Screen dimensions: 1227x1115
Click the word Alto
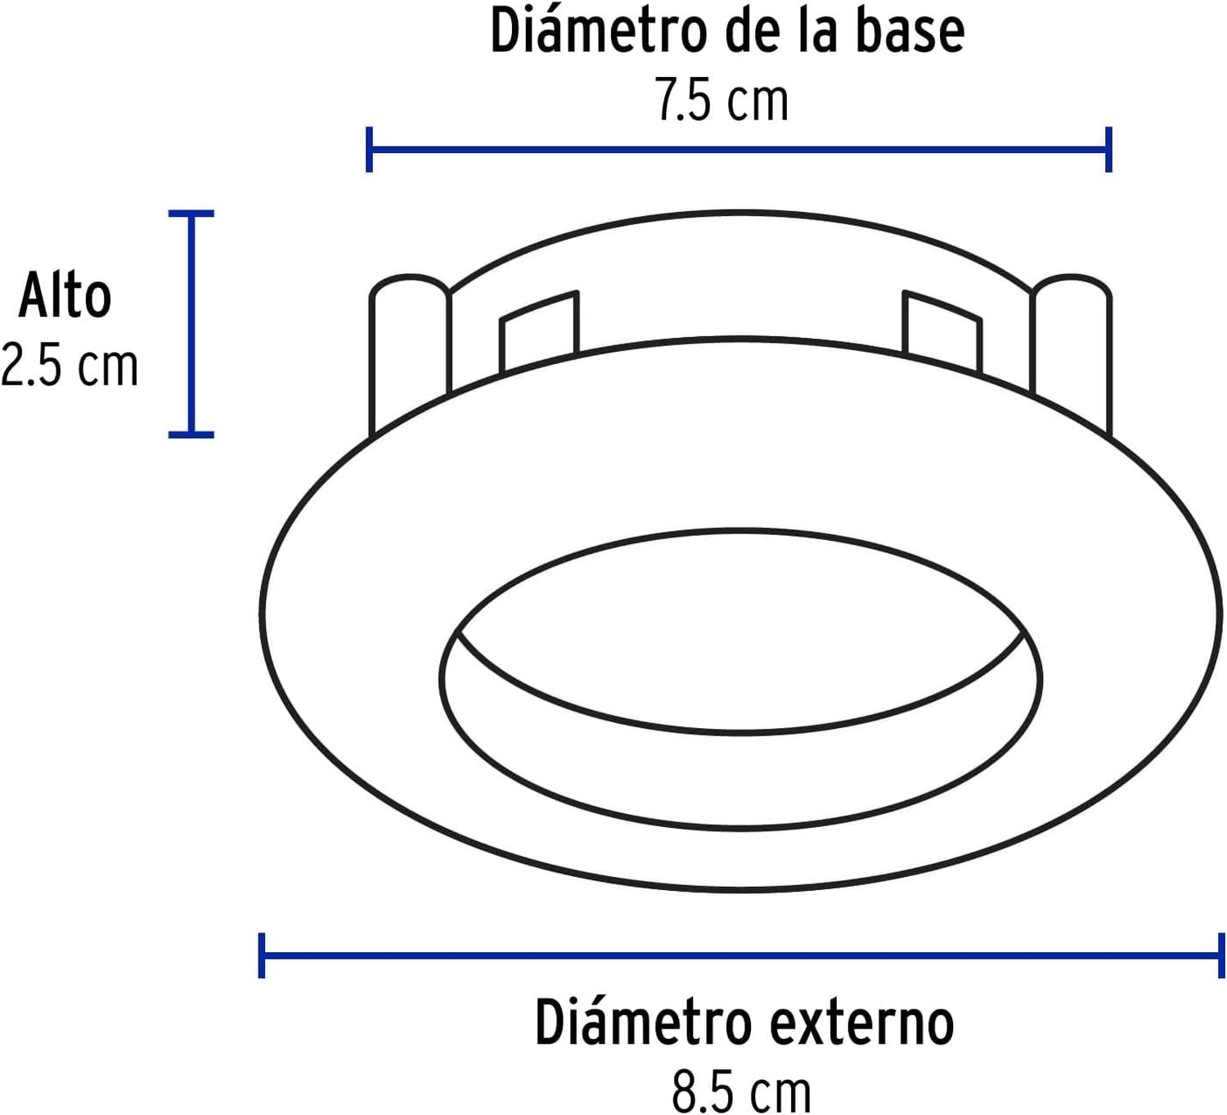pyautogui.click(x=65, y=295)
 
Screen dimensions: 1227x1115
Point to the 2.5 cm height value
pyautogui.click(x=69, y=366)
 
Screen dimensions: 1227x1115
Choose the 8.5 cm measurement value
pyautogui.click(x=741, y=1091)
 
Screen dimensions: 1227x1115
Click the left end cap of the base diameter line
pyautogui.click(x=369, y=150)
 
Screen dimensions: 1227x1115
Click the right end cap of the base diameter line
pyautogui.click(x=1108, y=150)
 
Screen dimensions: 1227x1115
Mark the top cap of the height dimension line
pyautogui.click(x=191, y=213)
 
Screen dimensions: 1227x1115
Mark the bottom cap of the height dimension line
pyautogui.click(x=191, y=434)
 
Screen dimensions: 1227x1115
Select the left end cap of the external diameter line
pyautogui.click(x=262, y=955)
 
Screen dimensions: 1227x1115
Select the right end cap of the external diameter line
pyautogui.click(x=1221, y=955)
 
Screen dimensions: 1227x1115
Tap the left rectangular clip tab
pyautogui.click(x=539, y=331)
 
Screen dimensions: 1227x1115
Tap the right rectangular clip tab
pyautogui.click(x=942, y=331)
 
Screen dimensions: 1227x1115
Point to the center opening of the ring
pyautogui.click(x=741, y=631)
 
